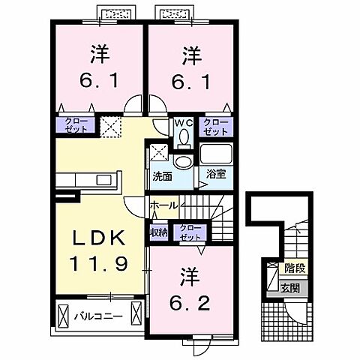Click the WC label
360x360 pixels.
point(184,122)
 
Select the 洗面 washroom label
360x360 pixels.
point(163,176)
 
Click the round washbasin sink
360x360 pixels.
point(181,161)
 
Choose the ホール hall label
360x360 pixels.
point(163,205)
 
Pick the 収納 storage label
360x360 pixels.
point(158,232)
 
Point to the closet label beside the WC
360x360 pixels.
point(216,126)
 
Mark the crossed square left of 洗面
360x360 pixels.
point(158,152)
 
